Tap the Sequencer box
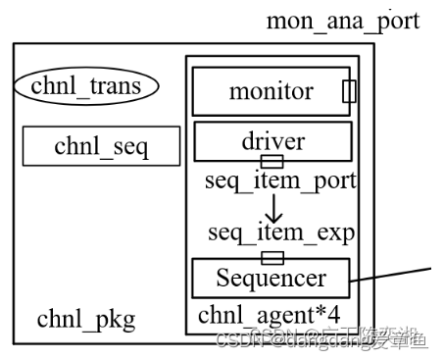coord(271,279)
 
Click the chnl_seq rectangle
coord(102,146)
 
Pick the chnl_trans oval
coord(86,86)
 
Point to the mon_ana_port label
coord(344,20)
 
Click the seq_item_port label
coord(280,181)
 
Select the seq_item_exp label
coord(281,232)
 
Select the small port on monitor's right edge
coord(349,91)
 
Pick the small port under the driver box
coord(271,161)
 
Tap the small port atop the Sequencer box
coord(271,257)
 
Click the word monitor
coord(271,92)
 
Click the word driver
coord(272,141)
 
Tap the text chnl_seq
coord(102,146)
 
